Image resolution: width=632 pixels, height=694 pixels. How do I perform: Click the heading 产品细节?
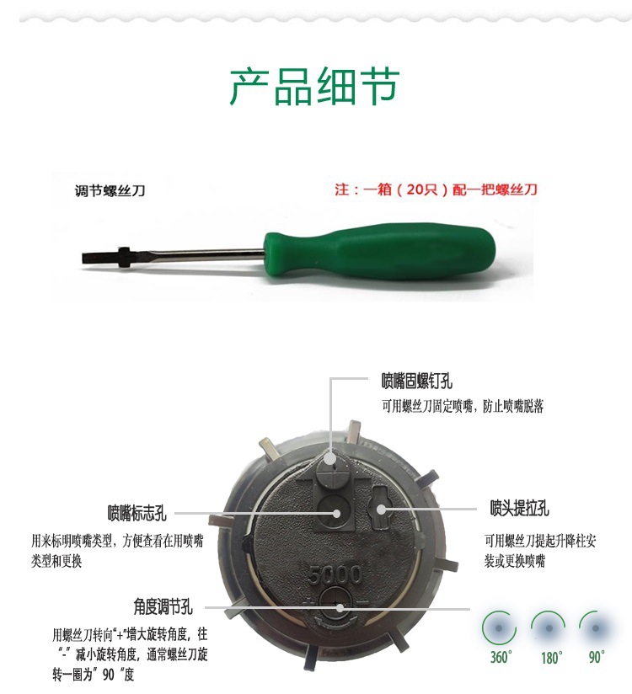(314, 86)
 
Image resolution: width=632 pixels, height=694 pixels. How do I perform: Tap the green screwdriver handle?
(378, 250)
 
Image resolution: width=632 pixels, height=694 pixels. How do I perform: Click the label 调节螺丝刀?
(110, 190)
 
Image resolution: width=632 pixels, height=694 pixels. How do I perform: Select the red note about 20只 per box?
(437, 190)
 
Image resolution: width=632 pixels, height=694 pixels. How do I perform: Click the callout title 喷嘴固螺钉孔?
(417, 381)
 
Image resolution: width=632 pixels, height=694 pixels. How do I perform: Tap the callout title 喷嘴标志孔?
(137, 513)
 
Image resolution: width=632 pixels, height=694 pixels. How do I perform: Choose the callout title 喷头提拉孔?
(519, 508)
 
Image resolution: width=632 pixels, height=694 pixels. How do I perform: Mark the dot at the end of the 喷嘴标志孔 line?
(336, 514)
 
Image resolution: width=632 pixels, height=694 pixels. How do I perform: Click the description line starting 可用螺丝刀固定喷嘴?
(463, 406)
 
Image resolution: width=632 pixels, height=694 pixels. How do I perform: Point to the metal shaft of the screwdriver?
(195, 254)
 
